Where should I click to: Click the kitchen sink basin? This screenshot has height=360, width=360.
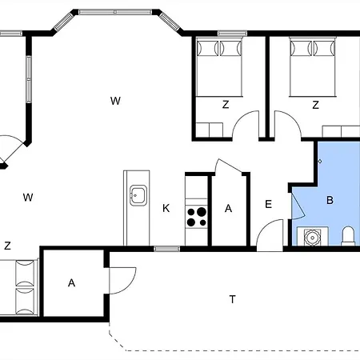pyautogui.click(x=138, y=195)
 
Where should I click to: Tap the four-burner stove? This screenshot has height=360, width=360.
pyautogui.click(x=197, y=217)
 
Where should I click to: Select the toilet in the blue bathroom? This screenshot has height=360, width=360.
pyautogui.click(x=348, y=235)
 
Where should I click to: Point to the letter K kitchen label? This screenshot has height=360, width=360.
pyautogui.click(x=166, y=208)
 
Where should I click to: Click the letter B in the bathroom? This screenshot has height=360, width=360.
pyautogui.click(x=330, y=200)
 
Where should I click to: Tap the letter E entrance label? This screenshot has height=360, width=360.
pyautogui.click(x=268, y=204)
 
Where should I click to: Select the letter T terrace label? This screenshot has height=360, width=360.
pyautogui.click(x=233, y=299)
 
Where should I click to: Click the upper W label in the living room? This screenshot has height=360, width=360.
pyautogui.click(x=115, y=101)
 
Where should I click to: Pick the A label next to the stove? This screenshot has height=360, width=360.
pyautogui.click(x=228, y=208)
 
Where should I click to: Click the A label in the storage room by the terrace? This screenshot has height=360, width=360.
pyautogui.click(x=71, y=282)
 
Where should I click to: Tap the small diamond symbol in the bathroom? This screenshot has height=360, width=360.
pyautogui.click(x=320, y=161)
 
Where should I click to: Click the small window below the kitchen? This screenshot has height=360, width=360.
pyautogui.click(x=167, y=249)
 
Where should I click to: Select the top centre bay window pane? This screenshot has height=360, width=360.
pyautogui.click(x=115, y=12)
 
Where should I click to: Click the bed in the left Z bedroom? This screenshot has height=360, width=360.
pyautogui.click(x=219, y=66)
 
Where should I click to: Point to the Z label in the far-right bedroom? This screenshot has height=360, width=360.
pyautogui.click(x=315, y=105)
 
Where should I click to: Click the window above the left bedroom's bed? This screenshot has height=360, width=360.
pyautogui.click(x=232, y=34)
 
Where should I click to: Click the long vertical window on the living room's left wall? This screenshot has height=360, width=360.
pyautogui.click(x=29, y=79)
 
